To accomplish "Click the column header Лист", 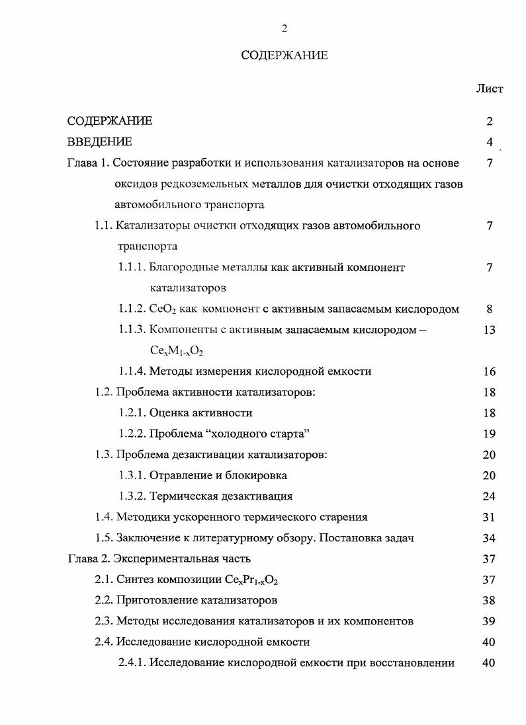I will tap(489, 89).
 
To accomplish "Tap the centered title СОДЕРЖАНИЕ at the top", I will tap(285, 56).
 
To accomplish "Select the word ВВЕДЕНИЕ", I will tap(99, 141).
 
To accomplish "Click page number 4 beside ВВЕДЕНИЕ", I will tap(489, 141).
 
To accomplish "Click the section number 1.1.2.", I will tap(132, 309).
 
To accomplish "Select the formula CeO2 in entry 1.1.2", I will tap(163, 309).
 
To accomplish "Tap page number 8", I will tap(489, 309).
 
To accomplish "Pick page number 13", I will tap(489, 330).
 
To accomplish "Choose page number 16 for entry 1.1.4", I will tap(489, 371).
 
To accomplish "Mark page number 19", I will tap(489, 434).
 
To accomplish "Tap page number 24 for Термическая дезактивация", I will tap(489, 496).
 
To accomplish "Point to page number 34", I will tap(489, 538).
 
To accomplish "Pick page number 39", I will tap(489, 621).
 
